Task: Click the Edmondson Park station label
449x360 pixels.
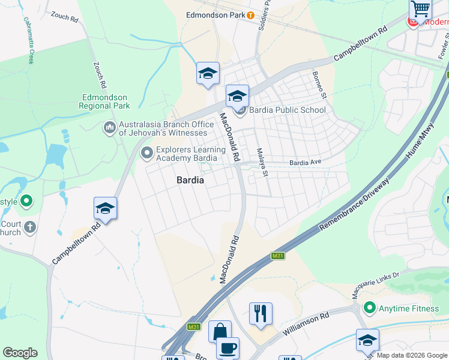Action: click(216, 15)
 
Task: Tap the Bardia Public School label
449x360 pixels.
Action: click(287, 110)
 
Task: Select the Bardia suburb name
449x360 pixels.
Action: click(190, 180)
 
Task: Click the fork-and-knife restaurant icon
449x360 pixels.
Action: click(261, 313)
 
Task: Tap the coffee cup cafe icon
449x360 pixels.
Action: click(227, 348)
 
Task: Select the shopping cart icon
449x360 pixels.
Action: click(421, 9)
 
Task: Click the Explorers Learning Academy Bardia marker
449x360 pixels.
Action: click(146, 154)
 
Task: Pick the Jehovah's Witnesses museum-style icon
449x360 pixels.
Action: click(109, 128)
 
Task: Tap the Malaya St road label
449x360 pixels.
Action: click(262, 163)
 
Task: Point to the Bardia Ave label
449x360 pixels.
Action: click(306, 162)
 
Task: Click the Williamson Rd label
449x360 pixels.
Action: click(306, 323)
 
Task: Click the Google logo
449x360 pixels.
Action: click(20, 353)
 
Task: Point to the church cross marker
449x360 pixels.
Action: click(29, 227)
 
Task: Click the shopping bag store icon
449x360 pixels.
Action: click(220, 332)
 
